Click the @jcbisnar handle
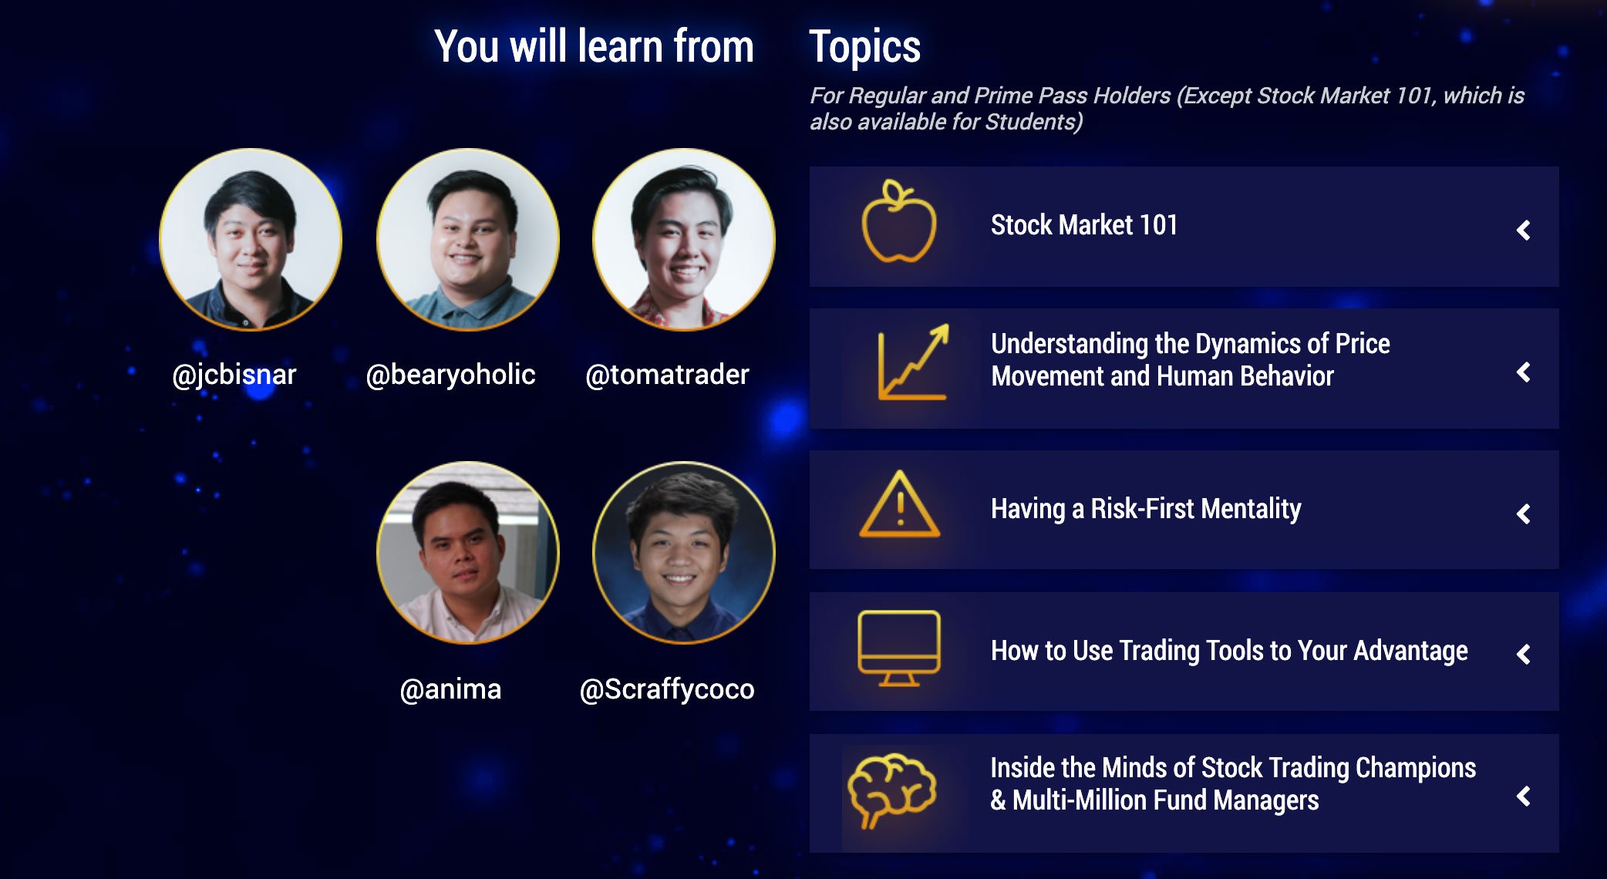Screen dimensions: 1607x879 click(x=234, y=375)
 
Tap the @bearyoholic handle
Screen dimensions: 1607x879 click(x=450, y=375)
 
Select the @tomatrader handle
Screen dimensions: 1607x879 click(x=667, y=375)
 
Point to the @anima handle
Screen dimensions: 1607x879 click(x=450, y=689)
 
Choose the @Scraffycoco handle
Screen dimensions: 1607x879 click(x=667, y=689)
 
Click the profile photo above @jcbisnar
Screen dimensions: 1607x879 click(x=251, y=240)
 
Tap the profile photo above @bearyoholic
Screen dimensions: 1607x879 click(x=468, y=240)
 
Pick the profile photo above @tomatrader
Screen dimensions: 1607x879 click(x=684, y=240)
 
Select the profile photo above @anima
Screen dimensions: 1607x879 click(x=468, y=553)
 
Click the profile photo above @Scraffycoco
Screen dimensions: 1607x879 click(x=684, y=553)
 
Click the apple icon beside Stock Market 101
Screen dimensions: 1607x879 click(x=898, y=221)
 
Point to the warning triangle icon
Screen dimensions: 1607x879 click(x=899, y=504)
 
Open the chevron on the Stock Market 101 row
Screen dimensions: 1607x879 click(x=1524, y=230)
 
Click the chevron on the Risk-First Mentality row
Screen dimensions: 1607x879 click(x=1524, y=514)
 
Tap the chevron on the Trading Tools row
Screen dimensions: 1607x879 click(x=1524, y=655)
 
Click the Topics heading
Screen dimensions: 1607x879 click(x=864, y=47)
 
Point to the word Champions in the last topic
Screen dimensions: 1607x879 click(x=1416, y=768)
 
